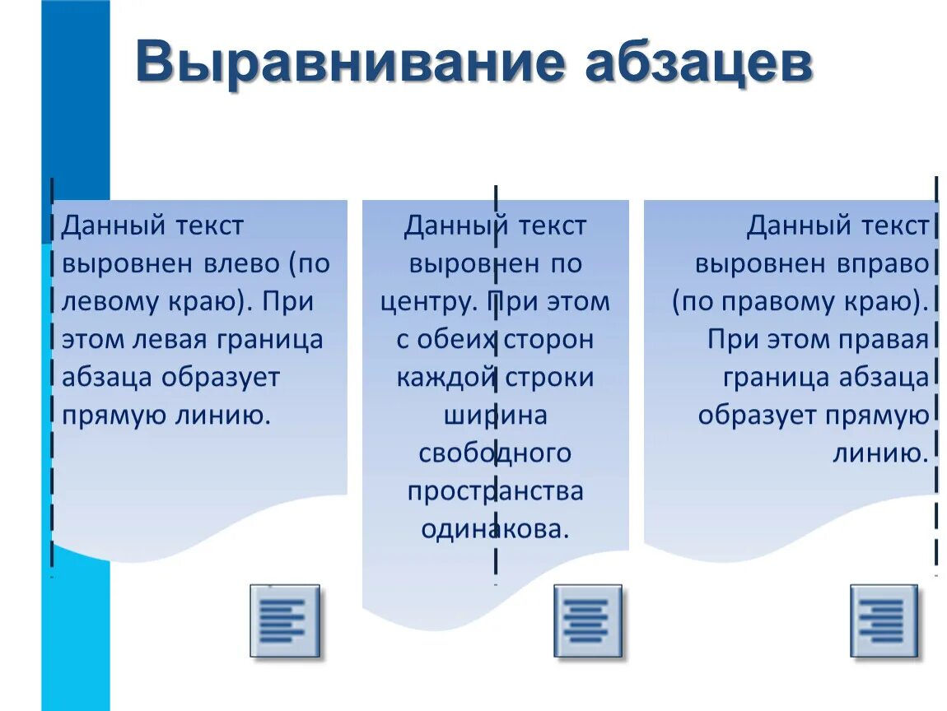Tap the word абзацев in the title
(697, 63)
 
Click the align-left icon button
(284, 620)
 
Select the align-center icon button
(587, 620)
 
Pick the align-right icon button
(884, 620)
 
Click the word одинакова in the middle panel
(494, 529)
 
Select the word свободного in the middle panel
(495, 453)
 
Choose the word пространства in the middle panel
(495, 491)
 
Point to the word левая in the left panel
(166, 340)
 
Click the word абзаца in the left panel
(107, 378)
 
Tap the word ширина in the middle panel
(495, 416)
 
